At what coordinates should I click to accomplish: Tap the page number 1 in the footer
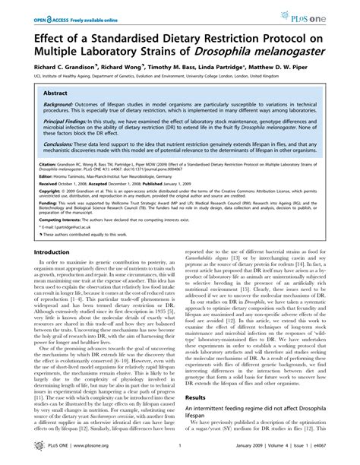[176, 454]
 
